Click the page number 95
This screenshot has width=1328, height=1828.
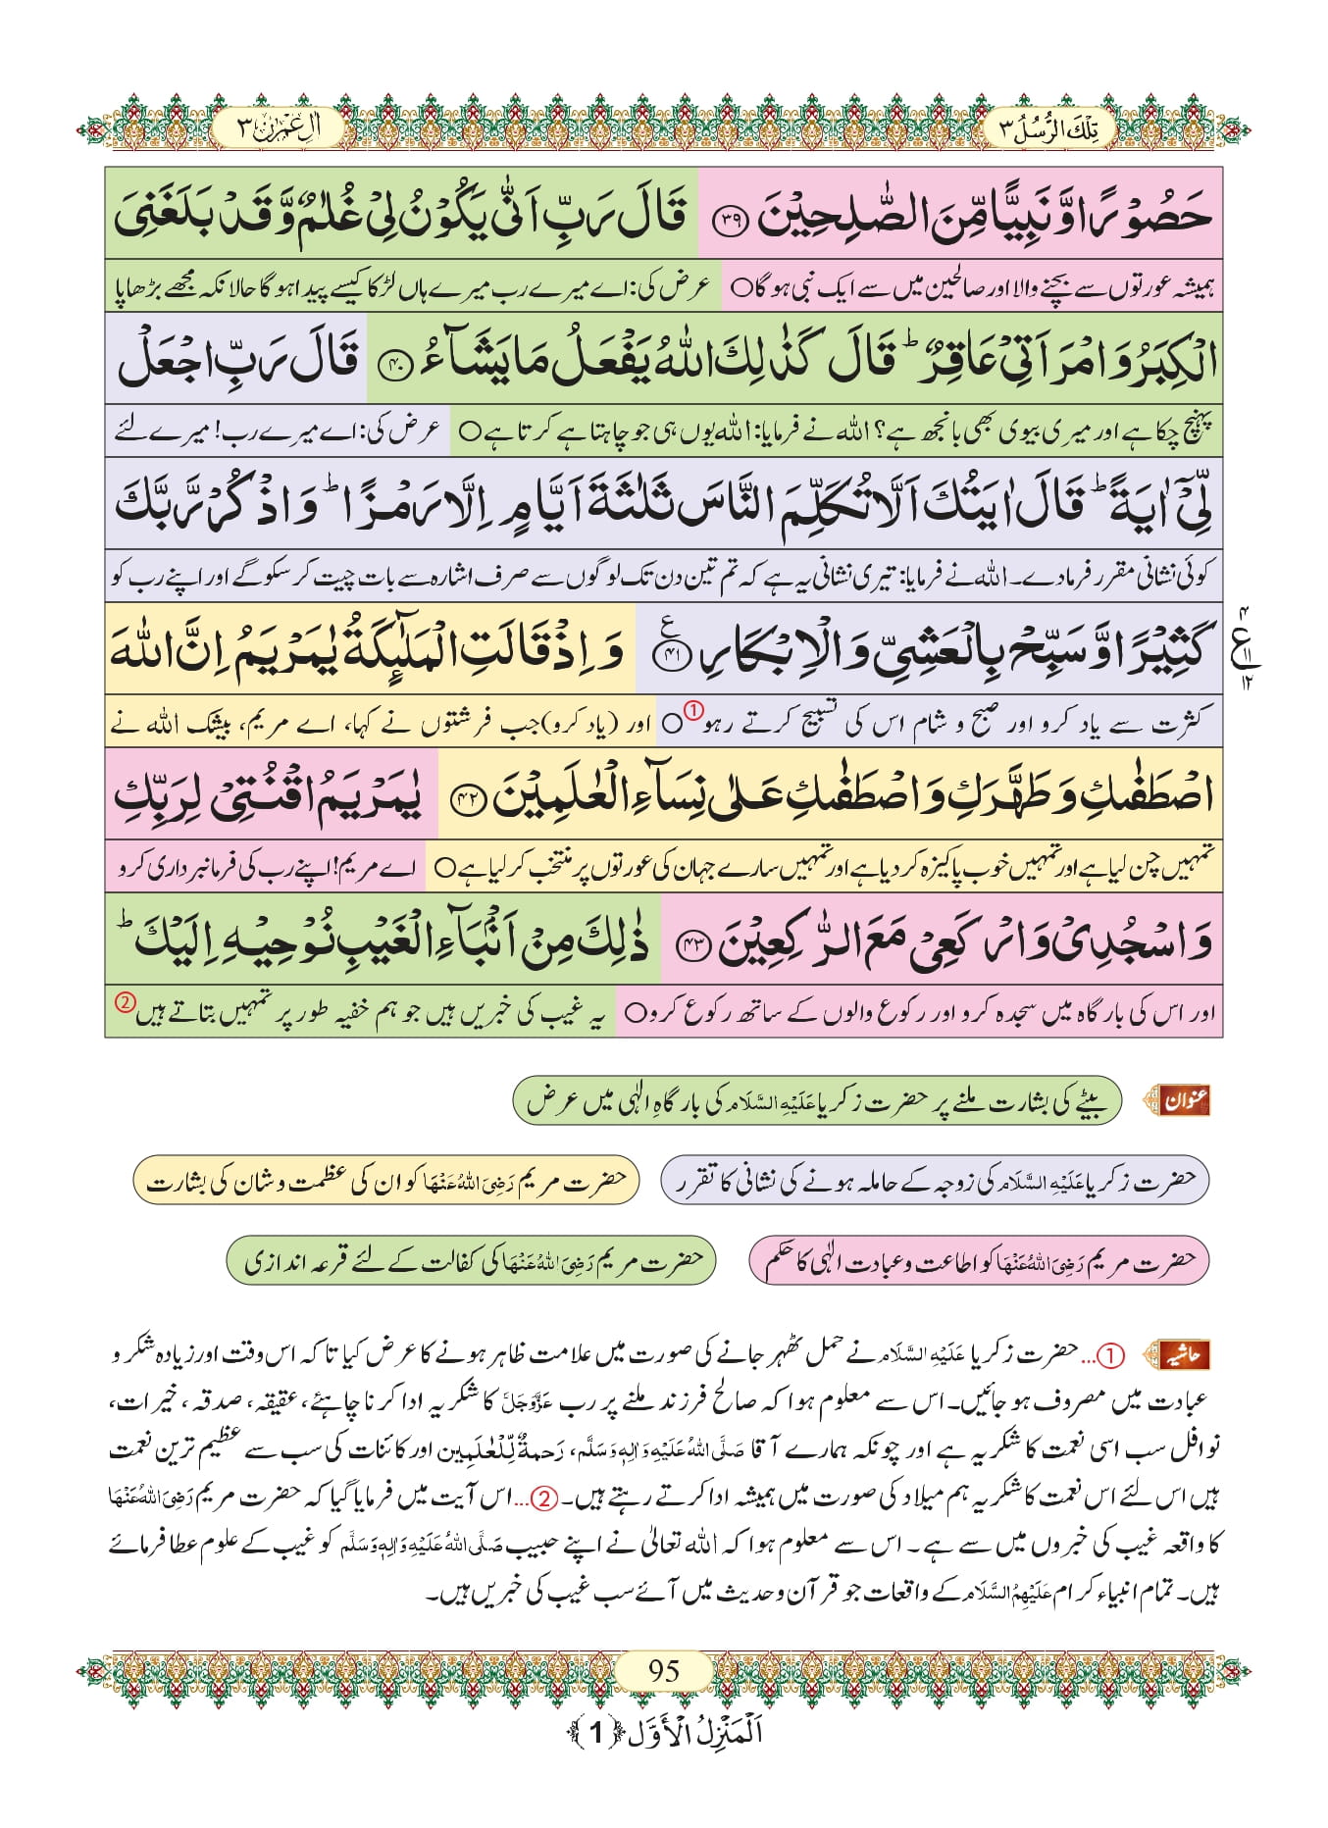(664, 1669)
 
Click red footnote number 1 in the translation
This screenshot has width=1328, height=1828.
(692, 708)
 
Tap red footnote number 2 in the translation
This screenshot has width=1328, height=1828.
(125, 1002)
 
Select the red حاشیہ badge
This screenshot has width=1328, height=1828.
(1184, 1355)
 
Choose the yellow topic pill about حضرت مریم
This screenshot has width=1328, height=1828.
(385, 1181)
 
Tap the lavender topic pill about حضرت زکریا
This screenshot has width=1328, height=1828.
(934, 1181)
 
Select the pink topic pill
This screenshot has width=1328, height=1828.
(978, 1260)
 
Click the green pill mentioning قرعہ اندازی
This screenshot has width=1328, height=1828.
(471, 1260)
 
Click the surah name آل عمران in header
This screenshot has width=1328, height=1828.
(280, 128)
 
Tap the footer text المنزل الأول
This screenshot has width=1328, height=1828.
(665, 1732)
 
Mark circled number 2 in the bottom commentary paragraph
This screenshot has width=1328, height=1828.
(544, 1498)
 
